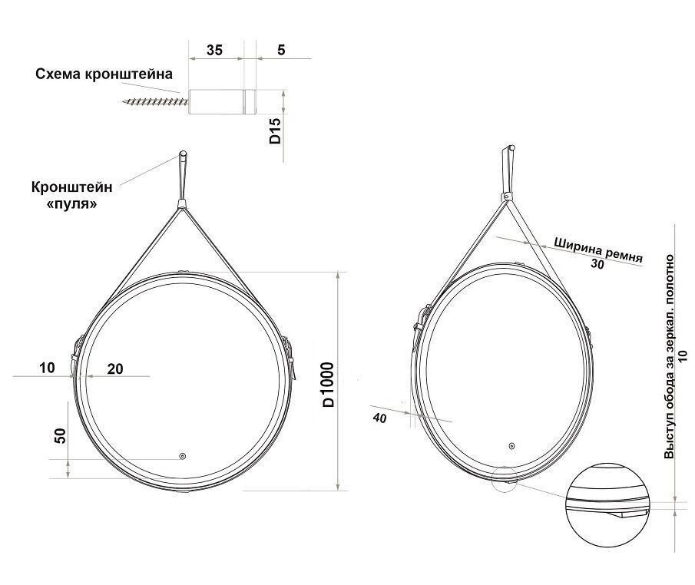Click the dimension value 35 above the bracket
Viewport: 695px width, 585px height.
click(x=214, y=50)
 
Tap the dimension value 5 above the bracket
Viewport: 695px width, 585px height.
click(x=282, y=50)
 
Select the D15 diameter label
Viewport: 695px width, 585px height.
click(x=275, y=131)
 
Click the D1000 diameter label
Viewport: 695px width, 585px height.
click(x=328, y=384)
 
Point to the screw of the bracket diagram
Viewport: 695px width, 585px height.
click(x=156, y=102)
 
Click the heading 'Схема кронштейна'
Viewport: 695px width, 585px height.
click(x=104, y=74)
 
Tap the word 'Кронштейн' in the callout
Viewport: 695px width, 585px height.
click(x=72, y=187)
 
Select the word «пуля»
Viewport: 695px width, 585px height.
click(x=72, y=204)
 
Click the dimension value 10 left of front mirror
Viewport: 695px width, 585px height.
click(x=47, y=368)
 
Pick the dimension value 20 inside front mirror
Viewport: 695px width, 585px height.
click(x=115, y=369)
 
